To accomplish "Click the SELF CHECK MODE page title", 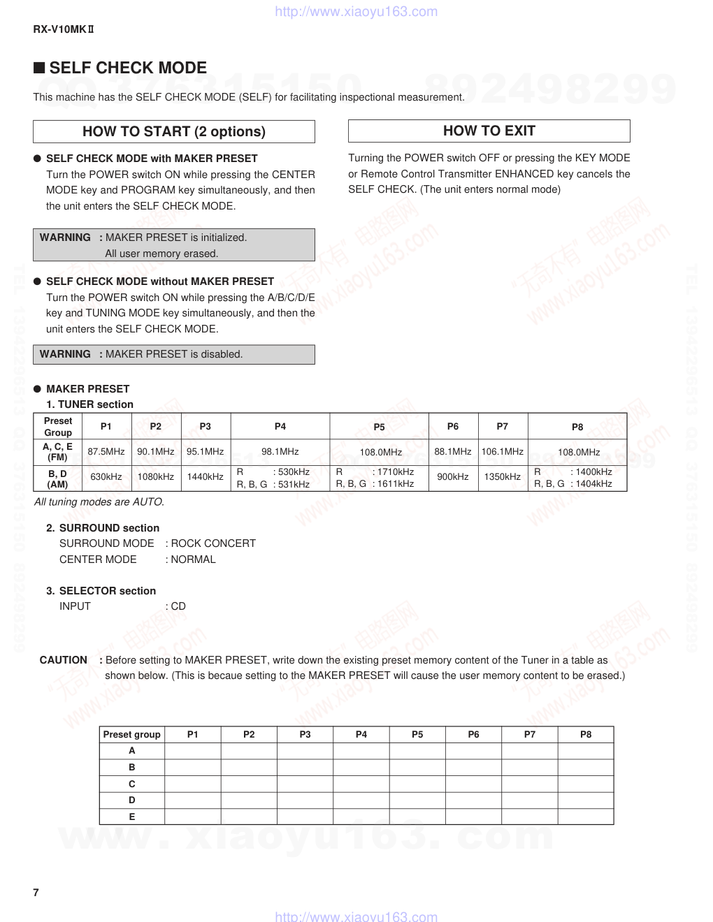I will point(128,68).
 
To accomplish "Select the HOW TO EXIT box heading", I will point(489,131).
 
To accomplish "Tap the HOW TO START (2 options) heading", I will point(173,131).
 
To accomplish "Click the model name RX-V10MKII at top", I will point(64,29).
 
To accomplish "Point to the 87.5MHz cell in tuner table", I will point(106,452).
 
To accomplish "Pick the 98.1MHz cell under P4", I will point(280,452).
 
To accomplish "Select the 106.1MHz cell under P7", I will point(502,452).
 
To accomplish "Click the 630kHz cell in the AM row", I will point(106,477).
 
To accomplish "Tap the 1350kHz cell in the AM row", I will point(502,477).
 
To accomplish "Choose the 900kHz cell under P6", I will point(452,477).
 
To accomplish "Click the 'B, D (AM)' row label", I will point(57,478).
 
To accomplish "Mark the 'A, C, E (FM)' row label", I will point(57,452).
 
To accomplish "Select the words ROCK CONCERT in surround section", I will point(213,543).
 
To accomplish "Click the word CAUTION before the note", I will point(64,660).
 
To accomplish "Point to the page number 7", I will point(36,893).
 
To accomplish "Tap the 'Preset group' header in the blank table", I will point(131,734).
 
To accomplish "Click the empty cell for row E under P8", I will point(586,817).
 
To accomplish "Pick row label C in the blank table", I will point(131,784).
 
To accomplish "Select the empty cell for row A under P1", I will point(193,751).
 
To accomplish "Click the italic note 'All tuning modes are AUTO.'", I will point(99,502).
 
